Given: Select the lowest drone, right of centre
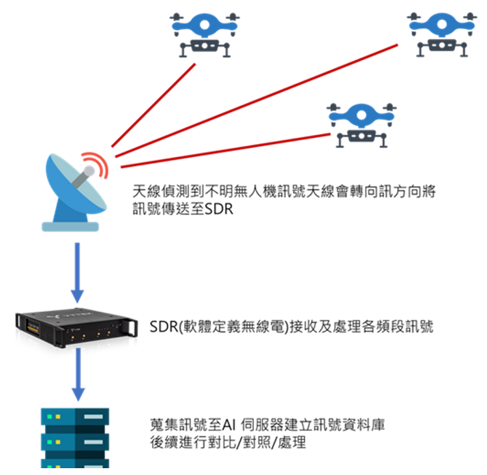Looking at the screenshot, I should (x=361, y=124).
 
